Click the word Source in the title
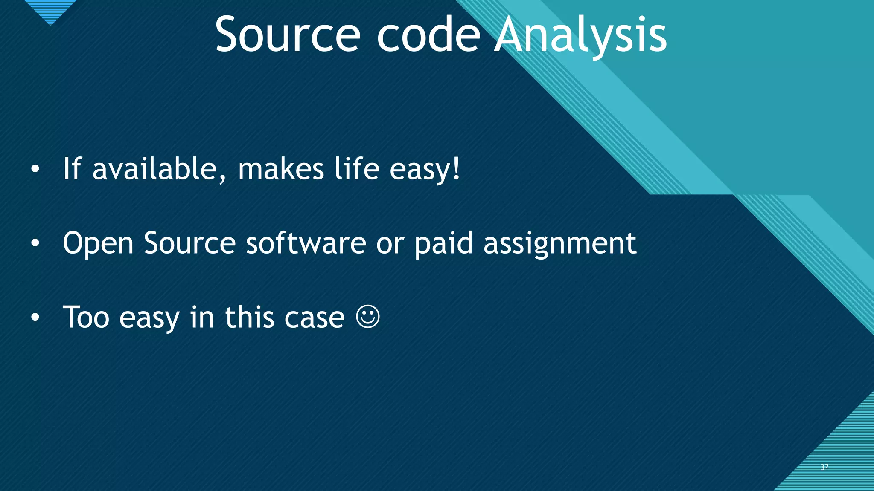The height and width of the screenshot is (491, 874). click(288, 35)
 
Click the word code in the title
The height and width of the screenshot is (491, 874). click(429, 35)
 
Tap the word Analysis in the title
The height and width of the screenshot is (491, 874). click(580, 35)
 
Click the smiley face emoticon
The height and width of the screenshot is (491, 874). click(367, 317)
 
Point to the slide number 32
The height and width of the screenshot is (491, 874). click(824, 467)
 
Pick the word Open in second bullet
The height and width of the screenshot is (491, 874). click(98, 244)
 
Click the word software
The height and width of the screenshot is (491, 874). click(306, 243)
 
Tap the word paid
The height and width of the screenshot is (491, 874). click(444, 244)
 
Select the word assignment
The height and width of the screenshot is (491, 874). click(559, 244)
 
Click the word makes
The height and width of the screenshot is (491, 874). click(281, 169)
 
